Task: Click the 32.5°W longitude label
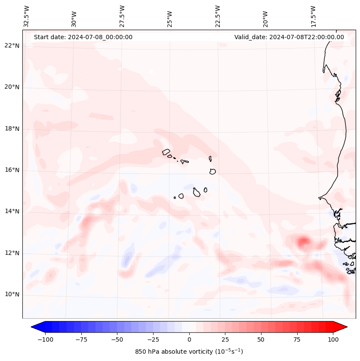[27, 16]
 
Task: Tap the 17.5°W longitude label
[314, 16]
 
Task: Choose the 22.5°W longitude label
[218, 16]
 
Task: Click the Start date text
[83, 37]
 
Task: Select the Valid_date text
[289, 37]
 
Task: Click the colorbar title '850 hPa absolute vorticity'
[189, 352]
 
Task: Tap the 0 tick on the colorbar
[189, 339]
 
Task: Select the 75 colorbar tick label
[297, 339]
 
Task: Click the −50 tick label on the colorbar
[117, 339]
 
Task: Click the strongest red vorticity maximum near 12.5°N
[304, 241]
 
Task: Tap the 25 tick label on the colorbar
[225, 339]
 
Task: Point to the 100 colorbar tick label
[332, 339]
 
